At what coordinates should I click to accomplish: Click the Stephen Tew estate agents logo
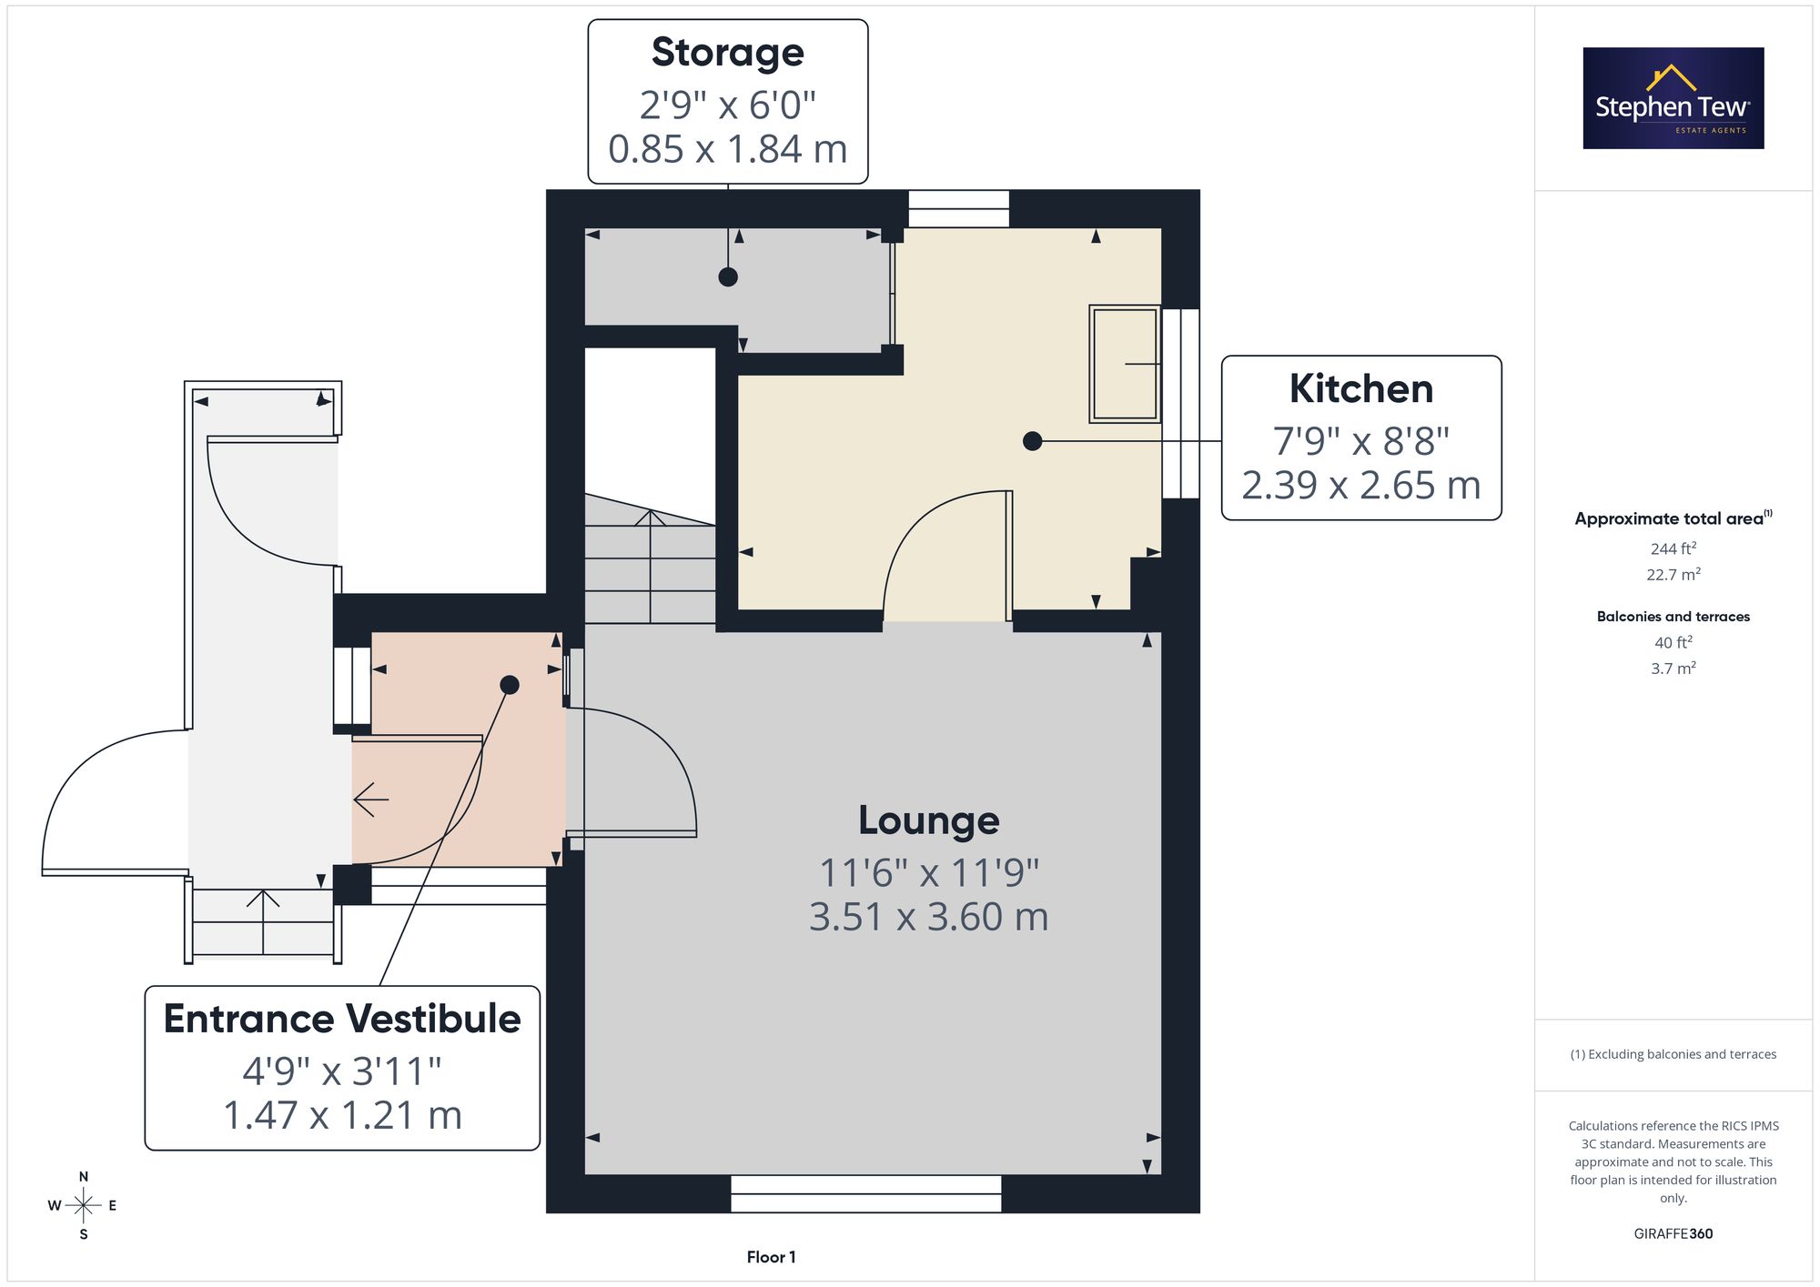coord(1673,98)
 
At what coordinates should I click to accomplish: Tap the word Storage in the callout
coord(728,53)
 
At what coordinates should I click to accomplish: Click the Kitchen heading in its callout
coord(1361,389)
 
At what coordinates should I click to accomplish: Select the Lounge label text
coord(929,821)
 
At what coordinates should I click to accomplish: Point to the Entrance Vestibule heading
coord(342,1019)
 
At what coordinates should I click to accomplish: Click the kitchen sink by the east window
coord(1125,364)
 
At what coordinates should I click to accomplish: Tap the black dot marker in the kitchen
coord(1032,441)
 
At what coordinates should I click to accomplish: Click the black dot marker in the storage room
coord(728,277)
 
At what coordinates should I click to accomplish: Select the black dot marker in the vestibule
coord(510,685)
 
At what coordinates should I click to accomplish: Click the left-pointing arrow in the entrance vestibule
coord(371,800)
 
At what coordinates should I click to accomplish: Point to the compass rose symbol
coord(83,1206)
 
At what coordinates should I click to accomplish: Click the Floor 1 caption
coord(771,1257)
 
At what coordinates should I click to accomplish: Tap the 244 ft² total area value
coord(1673,548)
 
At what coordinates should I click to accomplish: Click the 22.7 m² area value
coord(1673,575)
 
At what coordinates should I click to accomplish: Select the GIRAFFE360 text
coord(1673,1234)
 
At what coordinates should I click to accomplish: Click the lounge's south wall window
coord(865,1194)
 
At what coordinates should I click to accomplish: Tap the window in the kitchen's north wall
coord(959,208)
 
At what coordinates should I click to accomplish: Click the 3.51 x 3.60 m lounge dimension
coord(929,917)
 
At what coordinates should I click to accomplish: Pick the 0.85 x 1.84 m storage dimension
coord(728,149)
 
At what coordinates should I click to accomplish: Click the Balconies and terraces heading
coord(1673,617)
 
